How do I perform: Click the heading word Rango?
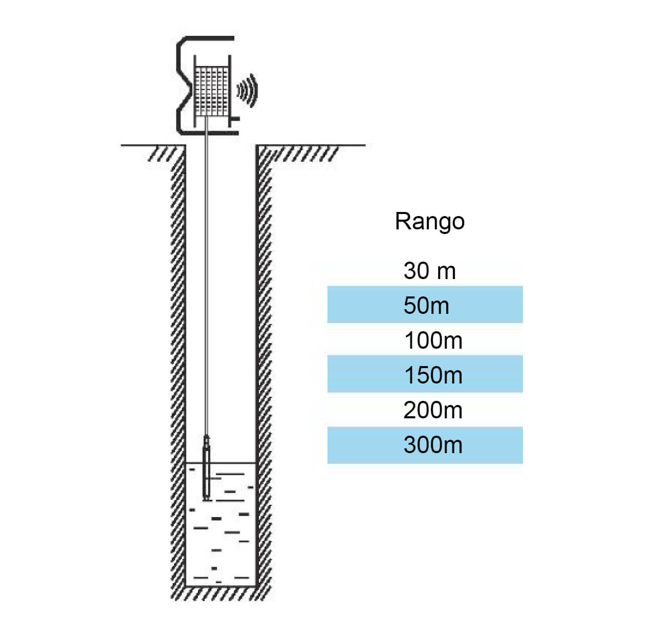(x=429, y=221)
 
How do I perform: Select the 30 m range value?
(x=429, y=270)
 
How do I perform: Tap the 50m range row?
(x=425, y=305)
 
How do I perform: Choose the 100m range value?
(x=433, y=340)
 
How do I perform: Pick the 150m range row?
(x=425, y=375)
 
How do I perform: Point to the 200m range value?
(x=433, y=410)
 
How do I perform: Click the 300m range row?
(x=425, y=445)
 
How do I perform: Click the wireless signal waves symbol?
(x=248, y=91)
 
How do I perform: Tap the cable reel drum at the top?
(x=211, y=91)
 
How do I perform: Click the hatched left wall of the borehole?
(x=178, y=358)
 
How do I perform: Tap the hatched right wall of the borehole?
(x=264, y=358)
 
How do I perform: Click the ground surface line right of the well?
(x=312, y=145)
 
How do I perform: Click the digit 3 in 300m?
(x=409, y=445)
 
